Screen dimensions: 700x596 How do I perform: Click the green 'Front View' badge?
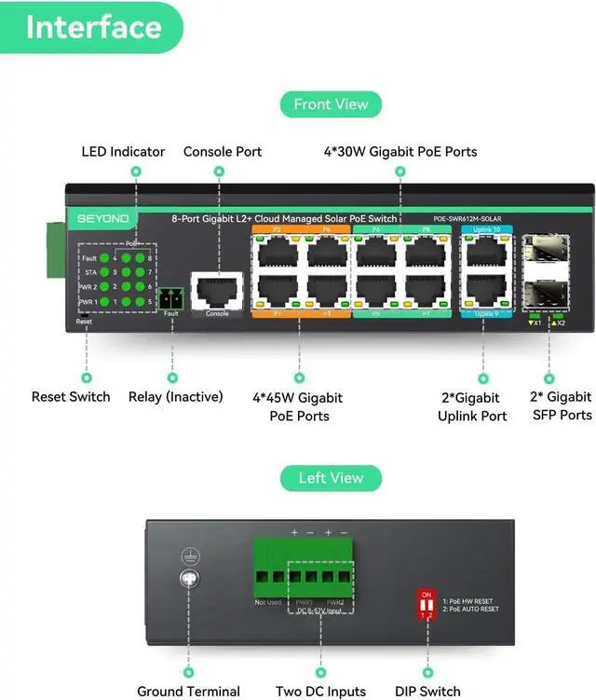point(331,104)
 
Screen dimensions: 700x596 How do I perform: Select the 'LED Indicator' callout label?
point(123,152)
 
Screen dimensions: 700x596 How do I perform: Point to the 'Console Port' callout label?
point(223,152)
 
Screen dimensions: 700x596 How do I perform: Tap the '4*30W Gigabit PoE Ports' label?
point(400,152)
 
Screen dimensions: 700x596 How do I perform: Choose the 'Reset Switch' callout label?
point(71,397)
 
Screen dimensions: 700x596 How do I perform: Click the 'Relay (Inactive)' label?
point(176,397)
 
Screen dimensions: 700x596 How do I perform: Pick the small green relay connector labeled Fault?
point(170,298)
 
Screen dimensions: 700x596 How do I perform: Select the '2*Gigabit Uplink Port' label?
point(472,406)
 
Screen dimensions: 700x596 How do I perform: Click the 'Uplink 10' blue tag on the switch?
point(487,229)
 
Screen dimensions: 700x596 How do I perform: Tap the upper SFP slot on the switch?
point(542,254)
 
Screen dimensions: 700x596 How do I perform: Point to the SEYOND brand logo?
point(103,219)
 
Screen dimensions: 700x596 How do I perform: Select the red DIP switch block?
point(427,603)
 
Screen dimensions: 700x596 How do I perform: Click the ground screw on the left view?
point(190,578)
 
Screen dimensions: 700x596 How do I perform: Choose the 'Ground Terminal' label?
point(189,692)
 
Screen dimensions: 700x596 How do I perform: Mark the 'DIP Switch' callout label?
point(427,692)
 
